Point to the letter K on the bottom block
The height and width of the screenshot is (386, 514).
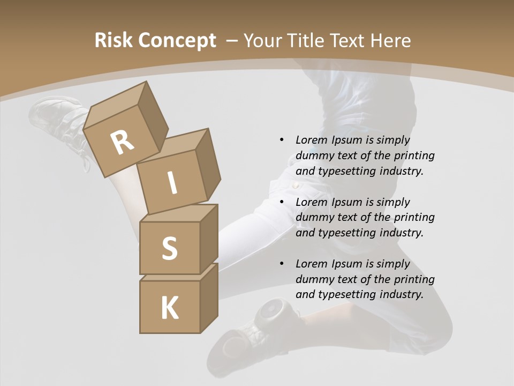point(169,308)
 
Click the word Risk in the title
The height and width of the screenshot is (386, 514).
point(114,40)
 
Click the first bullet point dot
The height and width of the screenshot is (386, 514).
point(282,140)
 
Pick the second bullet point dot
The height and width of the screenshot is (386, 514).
point(282,202)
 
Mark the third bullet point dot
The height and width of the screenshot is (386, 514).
point(282,264)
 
